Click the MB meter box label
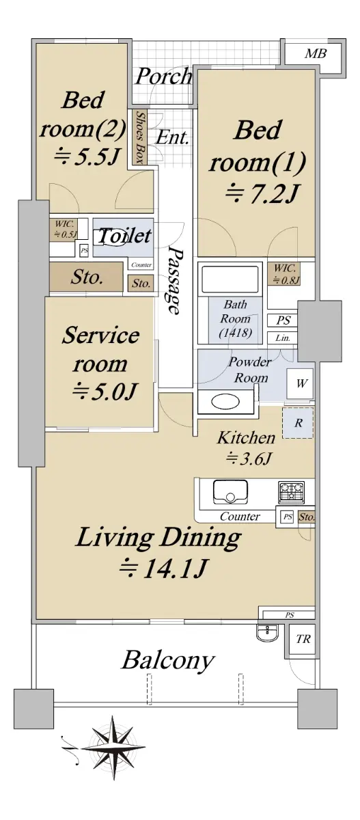(x=315, y=54)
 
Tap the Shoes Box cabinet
(x=139, y=137)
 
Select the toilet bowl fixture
(x=109, y=237)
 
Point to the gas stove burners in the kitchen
(x=291, y=491)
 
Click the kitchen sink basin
(x=230, y=492)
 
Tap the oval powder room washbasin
(x=226, y=402)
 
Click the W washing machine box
(x=300, y=383)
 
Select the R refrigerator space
(x=298, y=423)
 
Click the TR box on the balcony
(x=302, y=639)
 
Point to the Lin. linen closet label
(x=282, y=338)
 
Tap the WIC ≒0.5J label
(x=65, y=229)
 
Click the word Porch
(x=163, y=76)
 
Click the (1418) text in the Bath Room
(x=235, y=333)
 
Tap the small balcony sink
(x=268, y=632)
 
